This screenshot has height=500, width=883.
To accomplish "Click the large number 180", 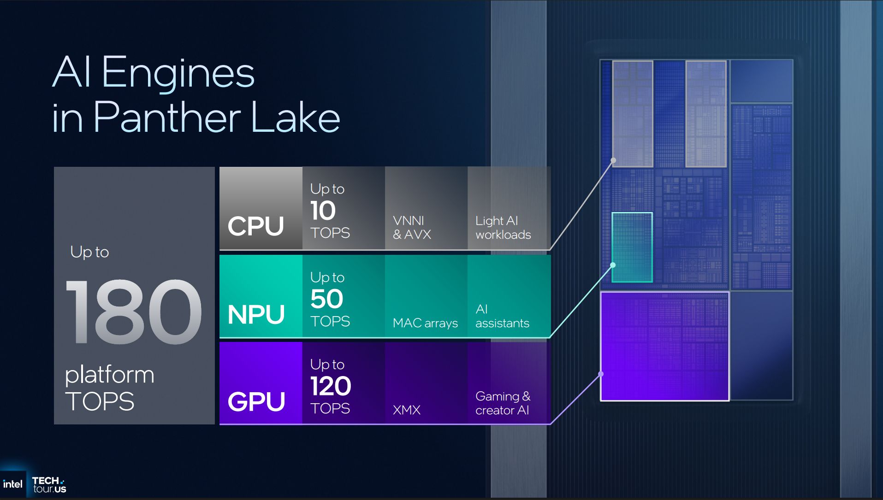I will (134, 312).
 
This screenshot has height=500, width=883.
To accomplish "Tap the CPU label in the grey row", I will (256, 226).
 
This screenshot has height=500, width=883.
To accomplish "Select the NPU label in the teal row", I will (256, 315).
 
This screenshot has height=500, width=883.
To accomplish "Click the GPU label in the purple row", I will (256, 401).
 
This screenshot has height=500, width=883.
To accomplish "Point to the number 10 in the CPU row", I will (323, 211).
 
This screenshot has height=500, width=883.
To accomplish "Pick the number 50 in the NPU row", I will (326, 299).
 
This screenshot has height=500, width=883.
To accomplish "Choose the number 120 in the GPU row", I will (331, 386).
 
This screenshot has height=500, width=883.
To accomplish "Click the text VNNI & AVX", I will (411, 228).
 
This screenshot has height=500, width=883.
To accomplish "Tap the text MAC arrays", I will (425, 323).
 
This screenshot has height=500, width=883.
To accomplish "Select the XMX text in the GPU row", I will (406, 410).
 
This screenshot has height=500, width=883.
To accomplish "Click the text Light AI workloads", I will (503, 228).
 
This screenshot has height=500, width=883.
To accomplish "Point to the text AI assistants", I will (502, 316).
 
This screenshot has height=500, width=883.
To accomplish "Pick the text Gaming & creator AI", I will (503, 403).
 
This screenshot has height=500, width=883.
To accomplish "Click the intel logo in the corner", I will (12, 484).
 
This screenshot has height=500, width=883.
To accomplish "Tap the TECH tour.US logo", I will (49, 485).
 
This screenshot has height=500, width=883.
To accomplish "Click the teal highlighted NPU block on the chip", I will (632, 247).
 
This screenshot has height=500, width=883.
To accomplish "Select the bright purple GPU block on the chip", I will (664, 346).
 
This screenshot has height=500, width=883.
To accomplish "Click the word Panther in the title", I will (167, 118).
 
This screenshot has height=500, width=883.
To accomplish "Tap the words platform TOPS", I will (109, 388).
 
